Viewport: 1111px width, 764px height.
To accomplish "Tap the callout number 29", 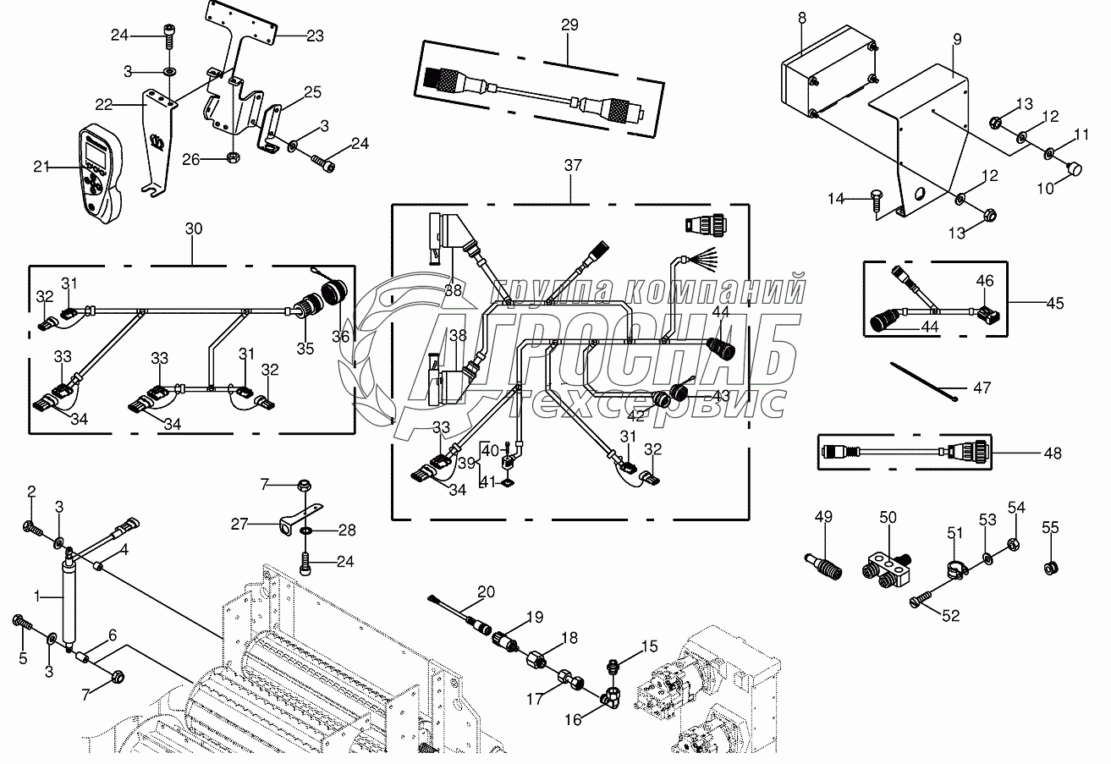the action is tap(569, 25).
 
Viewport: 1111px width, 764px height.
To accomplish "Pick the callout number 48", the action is tap(1052, 453).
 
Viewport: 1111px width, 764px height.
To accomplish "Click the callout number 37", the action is tap(573, 167).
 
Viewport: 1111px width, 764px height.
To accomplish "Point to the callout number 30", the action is tap(194, 229).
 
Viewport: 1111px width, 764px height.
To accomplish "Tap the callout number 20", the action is tap(486, 591).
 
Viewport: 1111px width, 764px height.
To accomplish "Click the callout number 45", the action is tap(1054, 303).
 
